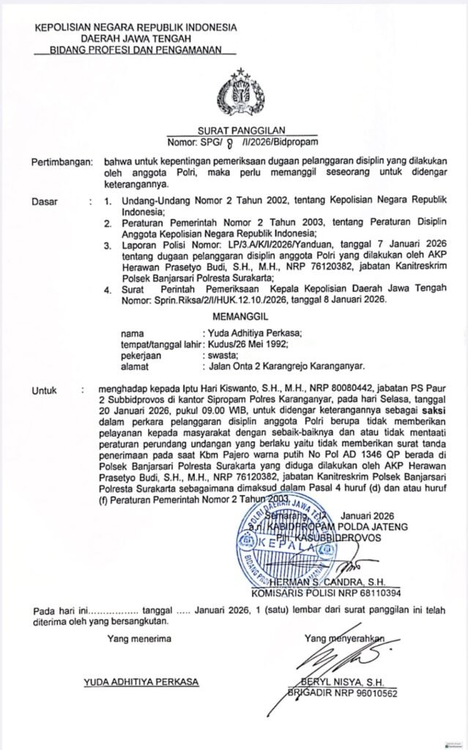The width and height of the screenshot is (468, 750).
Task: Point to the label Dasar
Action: [x=43, y=200]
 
